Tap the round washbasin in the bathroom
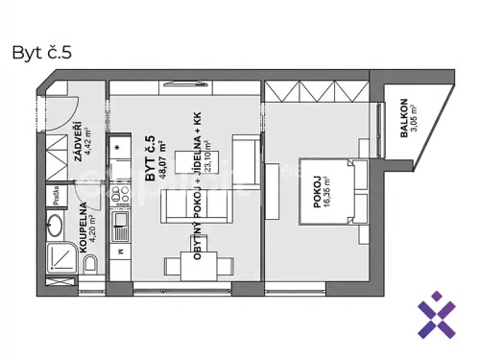tap(54, 228)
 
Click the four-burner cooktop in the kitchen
tap(121, 199)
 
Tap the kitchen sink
tap(121, 228)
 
